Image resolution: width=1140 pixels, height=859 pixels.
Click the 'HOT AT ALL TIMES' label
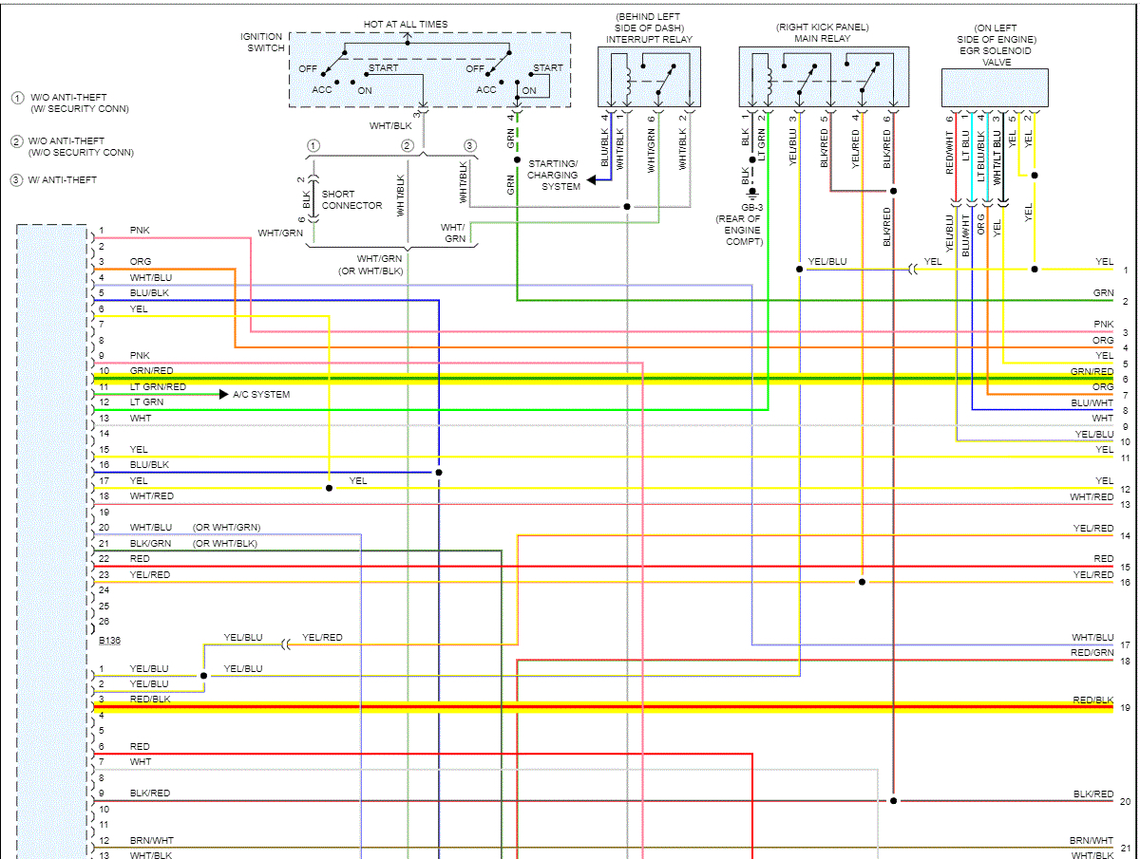pyautogui.click(x=406, y=24)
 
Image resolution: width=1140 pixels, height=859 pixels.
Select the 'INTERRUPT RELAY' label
pyautogui.click(x=650, y=40)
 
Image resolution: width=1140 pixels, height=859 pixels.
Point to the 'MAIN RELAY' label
pyautogui.click(x=822, y=40)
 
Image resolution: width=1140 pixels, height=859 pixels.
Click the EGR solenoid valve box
pyautogui.click(x=995, y=87)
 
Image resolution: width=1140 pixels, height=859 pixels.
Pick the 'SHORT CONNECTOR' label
pyautogui.click(x=351, y=200)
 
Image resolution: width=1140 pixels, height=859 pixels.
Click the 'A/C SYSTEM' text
pyautogui.click(x=261, y=394)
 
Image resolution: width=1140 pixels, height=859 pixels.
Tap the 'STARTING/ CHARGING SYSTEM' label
pyautogui.click(x=552, y=175)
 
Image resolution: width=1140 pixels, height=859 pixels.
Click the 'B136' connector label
pyautogui.click(x=110, y=641)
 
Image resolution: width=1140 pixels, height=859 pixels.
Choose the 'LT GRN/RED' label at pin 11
pyautogui.click(x=158, y=387)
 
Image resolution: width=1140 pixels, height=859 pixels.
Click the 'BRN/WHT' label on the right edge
pyautogui.click(x=1091, y=841)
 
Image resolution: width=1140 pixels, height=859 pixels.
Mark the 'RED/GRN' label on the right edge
pyautogui.click(x=1092, y=653)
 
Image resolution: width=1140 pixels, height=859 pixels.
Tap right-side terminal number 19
pyautogui.click(x=1125, y=708)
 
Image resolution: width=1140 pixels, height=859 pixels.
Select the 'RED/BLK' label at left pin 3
pyautogui.click(x=150, y=699)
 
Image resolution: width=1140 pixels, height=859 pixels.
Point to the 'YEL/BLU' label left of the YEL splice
pyautogui.click(x=826, y=261)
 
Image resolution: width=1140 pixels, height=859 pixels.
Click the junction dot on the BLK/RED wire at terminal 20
pyautogui.click(x=893, y=801)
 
